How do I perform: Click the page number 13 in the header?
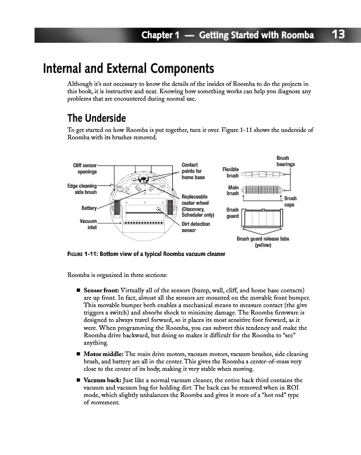(x=338, y=35)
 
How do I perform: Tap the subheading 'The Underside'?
(x=97, y=118)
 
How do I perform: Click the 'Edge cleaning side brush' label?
(x=82, y=189)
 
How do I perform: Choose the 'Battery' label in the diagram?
(x=89, y=207)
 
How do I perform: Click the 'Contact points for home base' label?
(x=193, y=171)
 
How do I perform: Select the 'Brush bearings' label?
(x=285, y=161)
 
